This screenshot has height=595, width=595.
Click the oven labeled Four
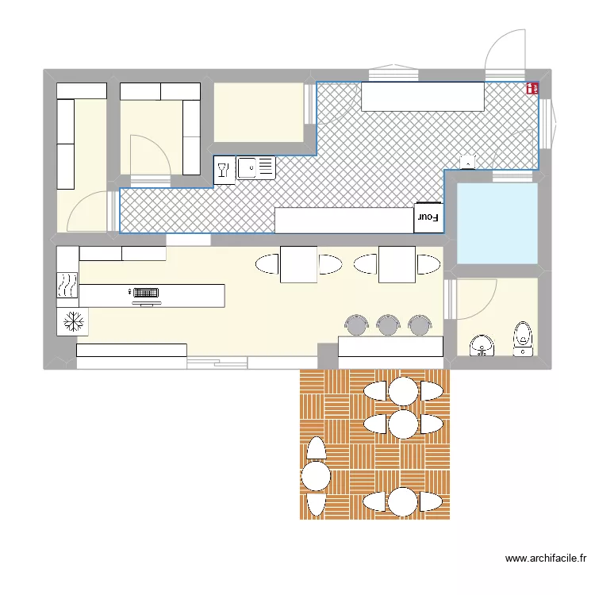tap(428, 217)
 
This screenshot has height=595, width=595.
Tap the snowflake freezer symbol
tap(73, 322)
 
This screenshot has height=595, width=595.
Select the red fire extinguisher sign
tap(532, 88)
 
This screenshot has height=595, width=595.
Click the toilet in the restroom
tap(523, 339)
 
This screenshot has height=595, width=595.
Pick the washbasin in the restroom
tap(482, 345)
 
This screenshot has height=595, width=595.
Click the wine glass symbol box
tap(225, 170)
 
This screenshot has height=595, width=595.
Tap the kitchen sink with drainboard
tap(255, 167)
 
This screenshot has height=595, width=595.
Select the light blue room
tap(497, 224)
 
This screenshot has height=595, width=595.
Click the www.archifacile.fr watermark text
tap(546, 559)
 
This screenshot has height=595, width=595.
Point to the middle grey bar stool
tap(388, 324)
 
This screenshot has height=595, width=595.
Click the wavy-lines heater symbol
tap(67, 285)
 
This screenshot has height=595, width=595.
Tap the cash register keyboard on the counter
tap(146, 293)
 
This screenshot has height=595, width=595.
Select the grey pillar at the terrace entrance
tap(328, 356)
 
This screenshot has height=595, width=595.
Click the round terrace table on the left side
tap(316, 476)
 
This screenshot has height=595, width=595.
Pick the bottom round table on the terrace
tap(403, 502)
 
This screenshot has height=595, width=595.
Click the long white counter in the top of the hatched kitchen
tap(423, 97)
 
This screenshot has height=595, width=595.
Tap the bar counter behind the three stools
tap(390, 346)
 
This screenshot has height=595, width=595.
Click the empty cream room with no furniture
tap(259, 113)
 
